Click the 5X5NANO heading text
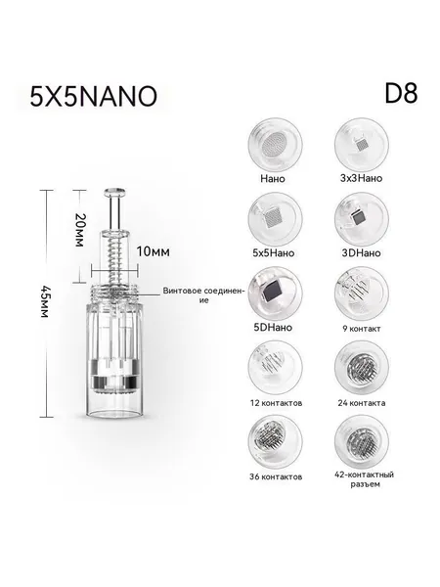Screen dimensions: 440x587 click(93, 96)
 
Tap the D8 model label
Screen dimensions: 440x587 click(401, 93)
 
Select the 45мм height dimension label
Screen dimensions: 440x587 click(45, 301)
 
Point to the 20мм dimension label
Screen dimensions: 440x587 click(79, 230)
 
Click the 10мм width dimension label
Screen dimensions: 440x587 click(153, 251)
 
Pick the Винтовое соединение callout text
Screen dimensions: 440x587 click(204, 295)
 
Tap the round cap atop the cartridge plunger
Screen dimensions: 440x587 click(114, 193)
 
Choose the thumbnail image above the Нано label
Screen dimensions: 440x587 click(275, 145)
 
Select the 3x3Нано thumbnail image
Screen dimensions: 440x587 click(362, 145)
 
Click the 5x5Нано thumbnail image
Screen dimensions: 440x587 click(275, 219)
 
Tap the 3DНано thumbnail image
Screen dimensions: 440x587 click(362, 219)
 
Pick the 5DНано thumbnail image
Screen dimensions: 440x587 click(275, 293)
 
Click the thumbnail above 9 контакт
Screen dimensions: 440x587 click(362, 293)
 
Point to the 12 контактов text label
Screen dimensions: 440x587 click(276, 403)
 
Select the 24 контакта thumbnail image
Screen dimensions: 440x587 click(362, 368)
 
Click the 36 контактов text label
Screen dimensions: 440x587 click(276, 477)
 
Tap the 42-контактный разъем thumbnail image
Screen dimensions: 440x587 click(362, 442)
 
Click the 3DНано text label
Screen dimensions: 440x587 click(361, 253)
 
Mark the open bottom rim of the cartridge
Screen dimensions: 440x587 click(114, 414)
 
